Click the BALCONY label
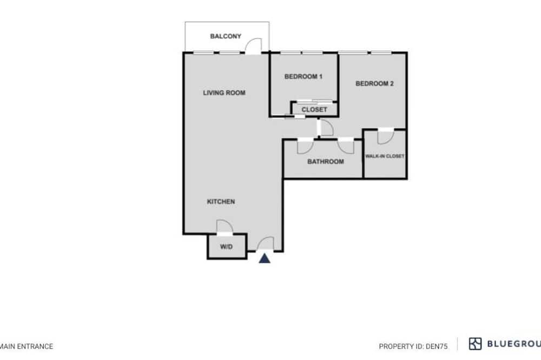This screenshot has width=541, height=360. [x=226, y=36]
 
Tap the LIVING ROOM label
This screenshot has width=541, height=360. [x=225, y=93]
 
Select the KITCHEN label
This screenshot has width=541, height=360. [x=221, y=202]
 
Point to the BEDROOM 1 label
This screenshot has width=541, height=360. [x=304, y=77]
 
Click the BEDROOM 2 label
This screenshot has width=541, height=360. [x=375, y=83]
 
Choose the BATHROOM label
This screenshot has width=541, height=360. [x=326, y=162]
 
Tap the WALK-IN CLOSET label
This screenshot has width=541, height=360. [x=385, y=156]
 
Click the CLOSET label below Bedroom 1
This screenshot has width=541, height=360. [x=314, y=110]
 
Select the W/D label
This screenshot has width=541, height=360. [x=226, y=247]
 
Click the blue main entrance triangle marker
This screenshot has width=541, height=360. [x=265, y=258]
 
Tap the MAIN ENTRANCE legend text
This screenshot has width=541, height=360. [x=27, y=346]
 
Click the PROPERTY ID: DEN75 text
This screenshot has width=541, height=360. [x=413, y=346]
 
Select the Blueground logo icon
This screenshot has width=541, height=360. [x=475, y=344]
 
